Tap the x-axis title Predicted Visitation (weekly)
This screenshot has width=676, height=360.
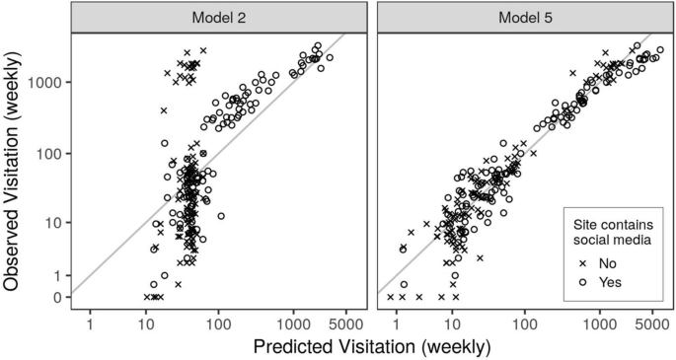point(370,346)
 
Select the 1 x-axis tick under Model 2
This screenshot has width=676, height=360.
point(91,321)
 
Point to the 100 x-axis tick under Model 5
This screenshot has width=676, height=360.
point(524,321)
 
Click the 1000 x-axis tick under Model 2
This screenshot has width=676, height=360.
point(293,321)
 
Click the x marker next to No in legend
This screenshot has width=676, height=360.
point(583,264)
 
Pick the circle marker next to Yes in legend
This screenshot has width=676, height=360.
point(583,282)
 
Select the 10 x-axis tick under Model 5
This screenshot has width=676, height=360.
point(453,321)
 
